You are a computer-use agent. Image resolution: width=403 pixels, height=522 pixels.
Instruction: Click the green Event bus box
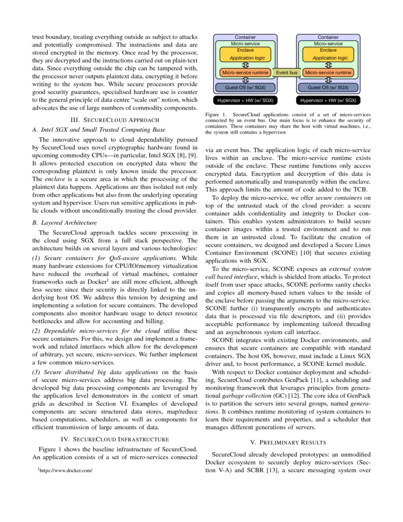click(286, 73)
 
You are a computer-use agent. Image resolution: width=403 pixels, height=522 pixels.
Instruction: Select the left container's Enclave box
click(245, 54)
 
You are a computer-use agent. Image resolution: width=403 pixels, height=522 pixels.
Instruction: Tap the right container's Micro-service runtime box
click(328, 73)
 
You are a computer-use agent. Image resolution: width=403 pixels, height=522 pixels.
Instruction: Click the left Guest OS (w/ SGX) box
click(245, 87)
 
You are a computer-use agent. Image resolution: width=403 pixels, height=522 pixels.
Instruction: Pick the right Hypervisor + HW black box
click(328, 100)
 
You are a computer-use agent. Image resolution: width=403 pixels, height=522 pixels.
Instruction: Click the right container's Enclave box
click(328, 54)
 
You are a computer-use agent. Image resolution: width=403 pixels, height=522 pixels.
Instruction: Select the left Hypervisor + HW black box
click(245, 100)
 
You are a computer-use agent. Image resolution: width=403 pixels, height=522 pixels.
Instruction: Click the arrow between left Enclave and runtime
click(245, 65)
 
